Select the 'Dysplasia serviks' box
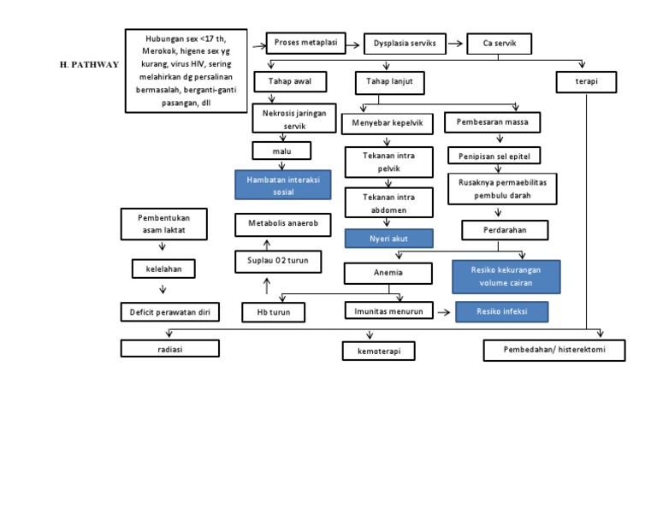coord(405,44)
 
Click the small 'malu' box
coord(281,151)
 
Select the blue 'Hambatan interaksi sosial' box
coord(282,186)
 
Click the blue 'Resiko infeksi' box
coord(501,312)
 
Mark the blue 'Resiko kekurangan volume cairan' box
coord(506,276)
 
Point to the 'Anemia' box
coord(387,274)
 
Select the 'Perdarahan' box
coord(505,230)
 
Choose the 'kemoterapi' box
coord(378,351)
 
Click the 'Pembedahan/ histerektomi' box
coord(553,350)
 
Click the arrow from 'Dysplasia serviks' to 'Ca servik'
coord(456,44)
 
